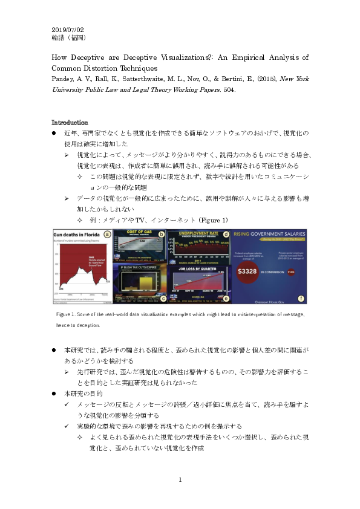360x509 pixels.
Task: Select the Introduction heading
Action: (70, 122)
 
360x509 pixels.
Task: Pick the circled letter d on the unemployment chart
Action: (226, 234)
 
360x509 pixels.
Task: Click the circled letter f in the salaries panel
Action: (301, 298)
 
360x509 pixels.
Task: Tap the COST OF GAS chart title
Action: (139, 234)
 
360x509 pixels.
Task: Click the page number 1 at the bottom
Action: (180, 480)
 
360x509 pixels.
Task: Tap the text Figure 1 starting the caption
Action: (65, 316)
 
